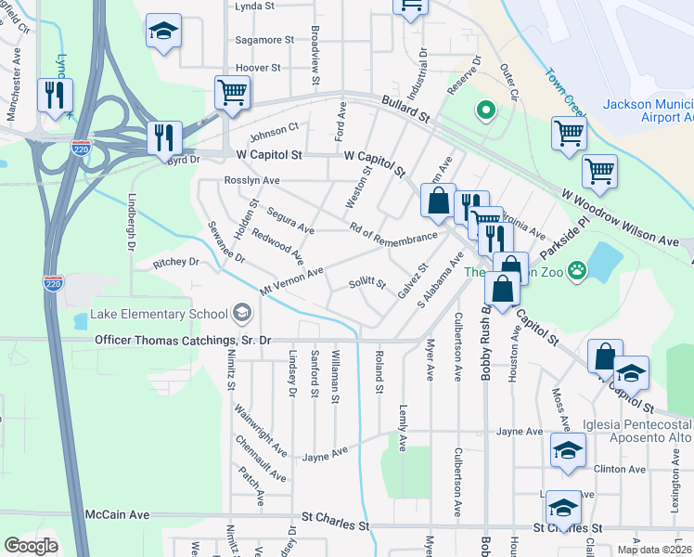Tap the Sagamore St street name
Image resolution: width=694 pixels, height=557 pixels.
tap(264, 41)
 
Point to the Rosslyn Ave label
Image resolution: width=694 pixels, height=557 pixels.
tap(251, 181)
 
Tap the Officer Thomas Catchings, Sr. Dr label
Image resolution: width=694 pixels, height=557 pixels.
tap(183, 341)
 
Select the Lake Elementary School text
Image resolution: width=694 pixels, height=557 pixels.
tap(159, 314)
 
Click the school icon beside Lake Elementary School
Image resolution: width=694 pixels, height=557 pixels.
tap(242, 313)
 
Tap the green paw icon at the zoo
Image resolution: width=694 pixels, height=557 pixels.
tap(578, 271)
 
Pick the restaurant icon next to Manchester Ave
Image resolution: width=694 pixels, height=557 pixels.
tap(53, 95)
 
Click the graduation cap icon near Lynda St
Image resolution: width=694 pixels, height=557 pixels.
tap(163, 32)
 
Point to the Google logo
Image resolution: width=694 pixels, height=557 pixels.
tap(32, 546)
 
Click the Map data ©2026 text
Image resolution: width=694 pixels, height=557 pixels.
tap(654, 550)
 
